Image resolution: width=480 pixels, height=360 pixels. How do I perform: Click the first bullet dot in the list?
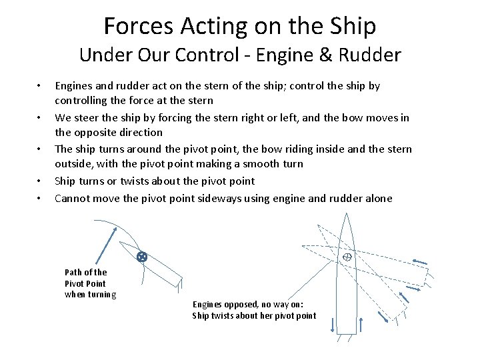[39, 86]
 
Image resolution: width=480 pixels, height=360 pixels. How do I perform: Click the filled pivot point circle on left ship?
[141, 256]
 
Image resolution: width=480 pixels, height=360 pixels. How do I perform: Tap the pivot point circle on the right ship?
[347, 257]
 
